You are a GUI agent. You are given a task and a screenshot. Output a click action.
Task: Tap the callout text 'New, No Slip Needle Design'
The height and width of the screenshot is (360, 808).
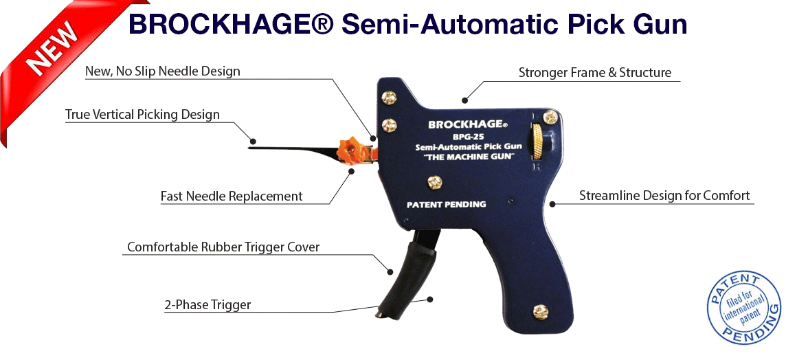[162, 71]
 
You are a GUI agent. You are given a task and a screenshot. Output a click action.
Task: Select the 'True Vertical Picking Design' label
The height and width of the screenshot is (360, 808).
[142, 115]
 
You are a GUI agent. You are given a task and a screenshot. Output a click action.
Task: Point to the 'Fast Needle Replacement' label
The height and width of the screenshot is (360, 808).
[232, 196]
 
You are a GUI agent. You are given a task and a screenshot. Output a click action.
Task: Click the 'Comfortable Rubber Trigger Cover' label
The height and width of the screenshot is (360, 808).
[223, 247]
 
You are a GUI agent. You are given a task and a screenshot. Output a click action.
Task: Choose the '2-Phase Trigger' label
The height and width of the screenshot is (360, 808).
[207, 305]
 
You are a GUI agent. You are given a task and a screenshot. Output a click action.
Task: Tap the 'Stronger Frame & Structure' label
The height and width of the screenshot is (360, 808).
[594, 73]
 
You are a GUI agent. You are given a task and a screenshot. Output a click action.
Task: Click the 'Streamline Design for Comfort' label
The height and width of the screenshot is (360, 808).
[664, 196]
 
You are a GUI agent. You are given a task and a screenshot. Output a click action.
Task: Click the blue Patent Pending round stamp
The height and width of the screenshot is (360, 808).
[744, 308]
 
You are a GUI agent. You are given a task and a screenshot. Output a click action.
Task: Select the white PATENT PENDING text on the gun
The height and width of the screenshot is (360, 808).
[446, 204]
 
